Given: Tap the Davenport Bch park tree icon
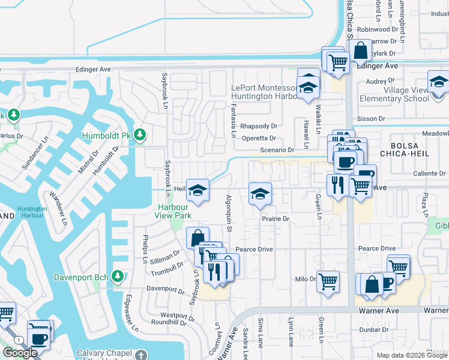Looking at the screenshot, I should (x=118, y=277).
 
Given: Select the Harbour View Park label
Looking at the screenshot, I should (x=172, y=211).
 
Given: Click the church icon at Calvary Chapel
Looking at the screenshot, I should (x=140, y=355).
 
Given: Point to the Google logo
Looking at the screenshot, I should (x=20, y=353).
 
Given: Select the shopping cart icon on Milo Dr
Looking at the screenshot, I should (x=328, y=281).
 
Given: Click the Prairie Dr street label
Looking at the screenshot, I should (x=276, y=219).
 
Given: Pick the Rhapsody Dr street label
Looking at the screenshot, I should (x=259, y=126).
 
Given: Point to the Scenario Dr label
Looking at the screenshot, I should (x=277, y=150).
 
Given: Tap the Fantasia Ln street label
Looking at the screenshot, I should (x=233, y=120).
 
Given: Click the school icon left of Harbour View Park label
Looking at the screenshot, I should (x=197, y=190).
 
